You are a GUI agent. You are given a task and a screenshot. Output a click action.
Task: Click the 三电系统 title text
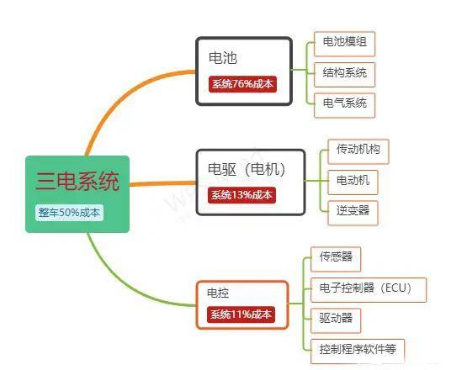pos(77,181)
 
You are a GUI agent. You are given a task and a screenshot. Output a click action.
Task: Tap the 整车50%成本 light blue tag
pos(69,213)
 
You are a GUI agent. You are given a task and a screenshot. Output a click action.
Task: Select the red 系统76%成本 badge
pos(242,84)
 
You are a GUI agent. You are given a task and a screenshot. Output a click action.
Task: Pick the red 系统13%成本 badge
pos(241,195)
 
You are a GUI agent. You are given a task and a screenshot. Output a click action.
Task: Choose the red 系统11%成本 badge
pos(241,314)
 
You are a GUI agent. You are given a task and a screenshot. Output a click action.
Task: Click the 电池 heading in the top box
pos(223,58)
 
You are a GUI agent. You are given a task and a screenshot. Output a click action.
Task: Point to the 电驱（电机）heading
pos(247,169)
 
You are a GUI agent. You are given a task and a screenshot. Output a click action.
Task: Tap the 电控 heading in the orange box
pos(218,293)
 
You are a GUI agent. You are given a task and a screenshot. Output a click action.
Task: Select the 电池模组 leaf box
pos(345,44)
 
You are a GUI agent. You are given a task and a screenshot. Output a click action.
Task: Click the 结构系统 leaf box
pos(345,75)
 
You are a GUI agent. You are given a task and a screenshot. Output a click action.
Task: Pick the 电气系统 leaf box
pos(345,105)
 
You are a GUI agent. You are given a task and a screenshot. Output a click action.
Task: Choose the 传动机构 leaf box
pos(358,151)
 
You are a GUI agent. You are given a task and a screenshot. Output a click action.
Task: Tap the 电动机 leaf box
pos(353,182)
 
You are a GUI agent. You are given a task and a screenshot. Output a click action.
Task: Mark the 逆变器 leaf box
pos(353,213)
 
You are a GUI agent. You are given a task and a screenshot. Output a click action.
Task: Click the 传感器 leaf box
pos(336,259)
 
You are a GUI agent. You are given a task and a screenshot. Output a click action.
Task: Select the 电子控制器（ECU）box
pos(369,290)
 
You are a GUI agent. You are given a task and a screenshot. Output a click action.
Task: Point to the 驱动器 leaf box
pos(336,320)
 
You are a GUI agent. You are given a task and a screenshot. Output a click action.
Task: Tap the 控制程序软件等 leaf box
pos(358,351)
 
